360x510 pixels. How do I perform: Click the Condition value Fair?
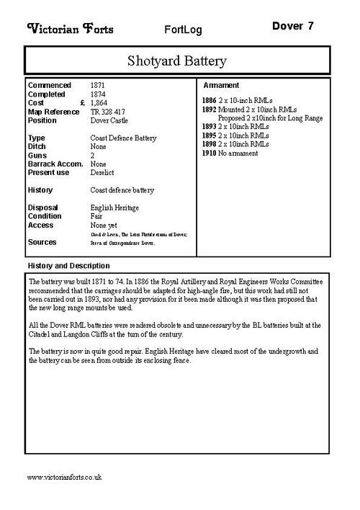point(96,216)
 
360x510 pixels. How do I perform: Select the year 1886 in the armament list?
point(209,102)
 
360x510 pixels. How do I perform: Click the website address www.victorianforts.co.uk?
point(64,477)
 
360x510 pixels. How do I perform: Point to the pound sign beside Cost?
point(83,103)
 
